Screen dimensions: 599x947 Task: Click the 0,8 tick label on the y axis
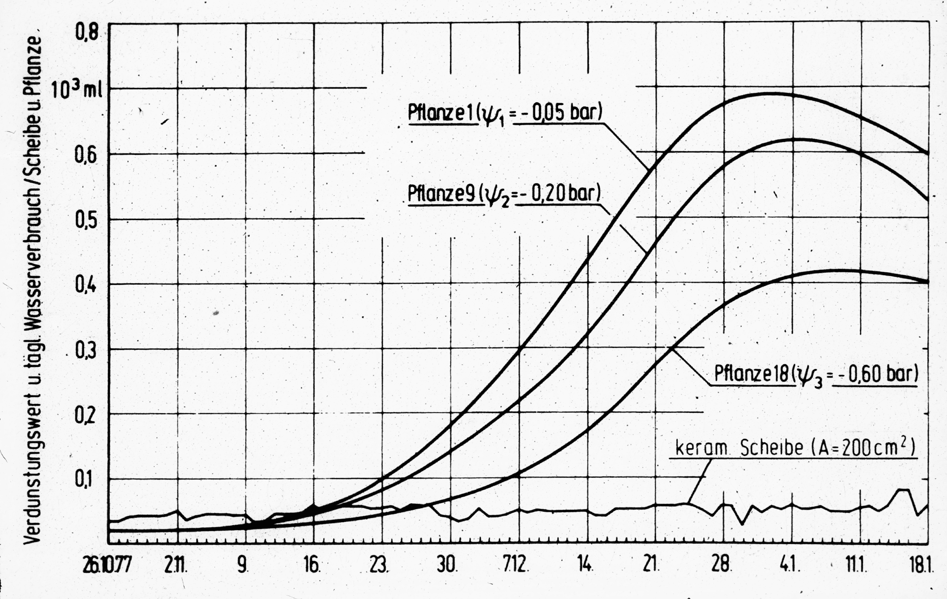point(87,33)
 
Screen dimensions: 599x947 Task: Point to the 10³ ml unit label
point(77,90)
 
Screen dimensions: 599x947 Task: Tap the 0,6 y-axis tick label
point(86,156)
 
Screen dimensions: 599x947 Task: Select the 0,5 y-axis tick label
point(86,221)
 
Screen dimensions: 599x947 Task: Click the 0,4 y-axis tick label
point(86,286)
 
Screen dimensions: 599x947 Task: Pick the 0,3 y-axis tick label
point(86,352)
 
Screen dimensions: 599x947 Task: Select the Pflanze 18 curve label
point(816,374)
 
